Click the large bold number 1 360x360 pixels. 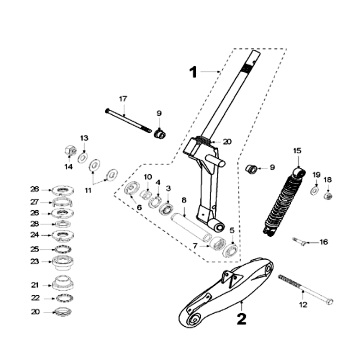tap(193, 72)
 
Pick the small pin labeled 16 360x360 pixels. tap(299, 241)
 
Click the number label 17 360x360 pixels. tap(123, 99)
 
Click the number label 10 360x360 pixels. tap(148, 177)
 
